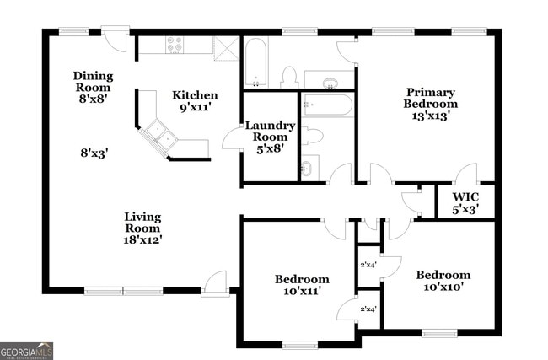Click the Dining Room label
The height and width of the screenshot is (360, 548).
(93, 87)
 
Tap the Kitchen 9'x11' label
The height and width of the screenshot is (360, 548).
(195, 101)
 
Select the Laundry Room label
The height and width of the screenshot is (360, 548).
(270, 137)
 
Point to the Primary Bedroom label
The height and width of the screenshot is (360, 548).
(431, 105)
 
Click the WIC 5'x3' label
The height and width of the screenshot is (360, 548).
(465, 202)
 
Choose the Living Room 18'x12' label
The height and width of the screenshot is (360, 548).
(142, 228)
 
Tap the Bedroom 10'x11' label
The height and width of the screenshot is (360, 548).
(302, 285)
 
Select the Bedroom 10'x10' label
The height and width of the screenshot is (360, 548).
(443, 281)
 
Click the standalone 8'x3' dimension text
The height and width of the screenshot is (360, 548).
(94, 153)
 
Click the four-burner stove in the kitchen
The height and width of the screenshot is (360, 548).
(175, 45)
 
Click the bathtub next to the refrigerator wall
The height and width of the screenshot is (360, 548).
(256, 62)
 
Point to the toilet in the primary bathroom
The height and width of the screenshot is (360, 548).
(289, 76)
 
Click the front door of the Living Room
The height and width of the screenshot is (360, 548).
(215, 283)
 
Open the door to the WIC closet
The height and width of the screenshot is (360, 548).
(465, 175)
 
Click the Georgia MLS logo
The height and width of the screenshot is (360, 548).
(27, 350)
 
